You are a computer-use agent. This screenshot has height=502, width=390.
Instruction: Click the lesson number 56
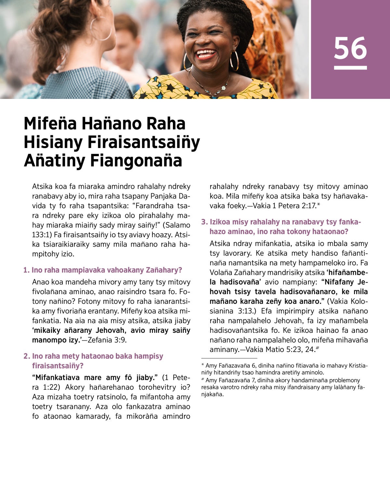pyautogui.click(x=350, y=48)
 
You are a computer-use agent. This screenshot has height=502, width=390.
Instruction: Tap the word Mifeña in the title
pyautogui.click(x=50, y=124)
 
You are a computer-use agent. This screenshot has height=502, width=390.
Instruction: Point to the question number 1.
pyautogui.click(x=26, y=270)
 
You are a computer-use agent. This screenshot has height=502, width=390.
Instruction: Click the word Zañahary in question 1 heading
pyautogui.click(x=164, y=270)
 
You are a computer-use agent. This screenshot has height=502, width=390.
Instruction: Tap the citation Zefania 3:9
pyautogui.click(x=107, y=340)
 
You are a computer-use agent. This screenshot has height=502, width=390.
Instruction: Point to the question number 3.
pyautogui.click(x=204, y=222)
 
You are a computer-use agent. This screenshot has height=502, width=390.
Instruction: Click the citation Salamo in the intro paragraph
pyautogui.click(x=178, y=225)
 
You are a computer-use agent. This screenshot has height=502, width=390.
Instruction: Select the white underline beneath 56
pyautogui.click(x=350, y=68)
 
